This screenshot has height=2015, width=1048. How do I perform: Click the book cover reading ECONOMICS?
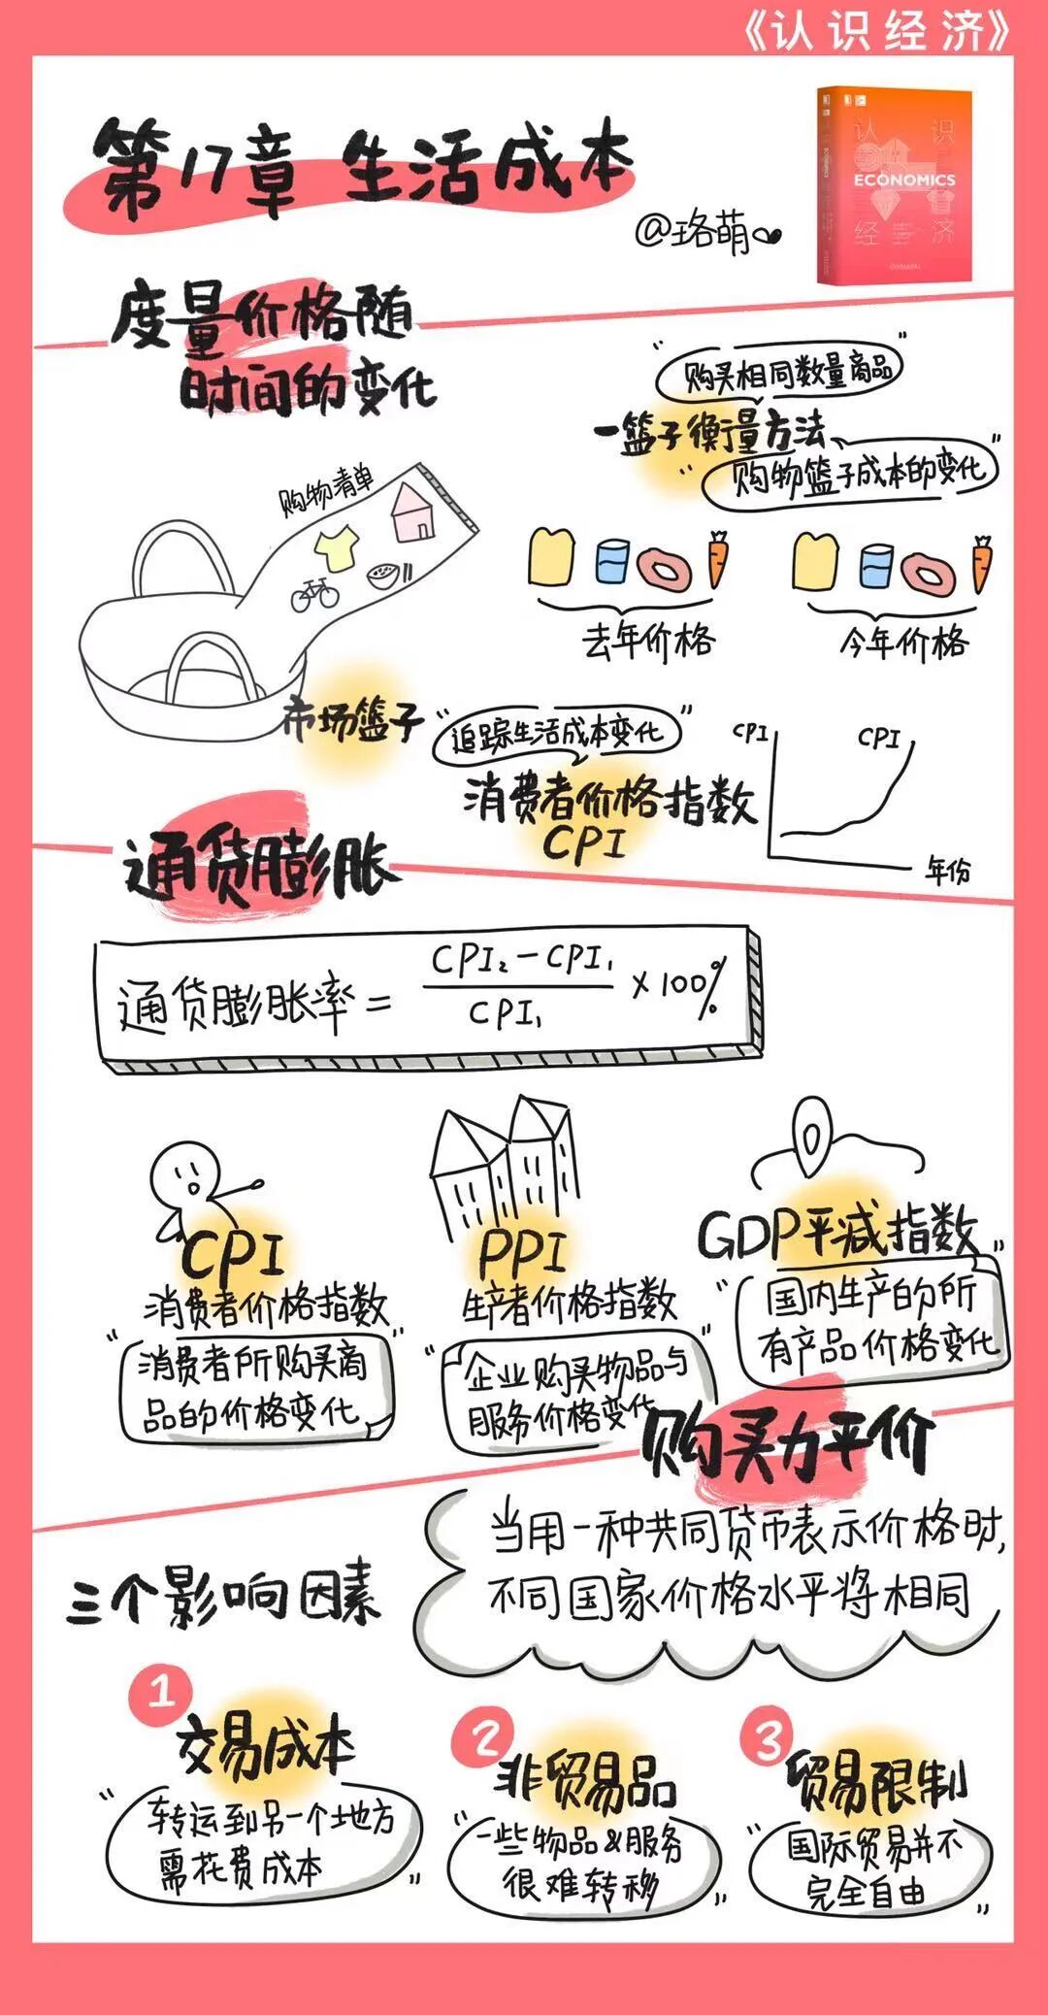coord(894,184)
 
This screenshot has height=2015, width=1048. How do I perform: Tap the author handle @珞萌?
coord(706,231)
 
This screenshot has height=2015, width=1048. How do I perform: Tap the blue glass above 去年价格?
coord(612,562)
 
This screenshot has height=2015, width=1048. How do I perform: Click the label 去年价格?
coord(648,640)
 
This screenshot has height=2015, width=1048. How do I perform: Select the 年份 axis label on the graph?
coord(946,870)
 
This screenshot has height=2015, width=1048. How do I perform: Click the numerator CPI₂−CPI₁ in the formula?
coord(522,961)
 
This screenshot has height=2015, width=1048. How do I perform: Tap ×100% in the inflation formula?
coord(678,986)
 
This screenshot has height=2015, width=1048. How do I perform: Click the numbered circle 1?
coord(161,1694)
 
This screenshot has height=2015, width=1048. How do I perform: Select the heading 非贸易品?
coord(585,1780)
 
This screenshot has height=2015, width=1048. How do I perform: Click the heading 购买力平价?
coord(786,1445)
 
